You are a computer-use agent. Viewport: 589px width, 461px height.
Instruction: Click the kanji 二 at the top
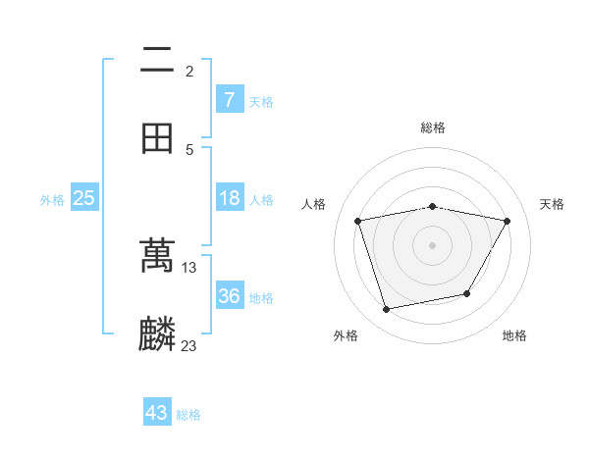157,61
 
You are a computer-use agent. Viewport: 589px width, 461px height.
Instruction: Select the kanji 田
157,137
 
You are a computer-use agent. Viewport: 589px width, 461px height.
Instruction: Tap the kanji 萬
157,256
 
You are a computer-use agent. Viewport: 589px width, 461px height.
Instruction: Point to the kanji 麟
157,334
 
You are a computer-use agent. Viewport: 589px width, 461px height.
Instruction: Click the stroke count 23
189,345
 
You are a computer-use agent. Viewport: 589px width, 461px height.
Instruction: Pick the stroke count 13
189,267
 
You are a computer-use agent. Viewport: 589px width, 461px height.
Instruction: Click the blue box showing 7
229,99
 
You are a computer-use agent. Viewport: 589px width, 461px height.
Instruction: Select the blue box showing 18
229,198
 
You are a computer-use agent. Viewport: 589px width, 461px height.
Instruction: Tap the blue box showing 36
229,296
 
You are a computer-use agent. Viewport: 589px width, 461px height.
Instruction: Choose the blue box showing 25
83,198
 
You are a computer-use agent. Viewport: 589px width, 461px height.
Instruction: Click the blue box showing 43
157,413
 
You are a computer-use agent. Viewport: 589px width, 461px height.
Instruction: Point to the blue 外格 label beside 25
52,199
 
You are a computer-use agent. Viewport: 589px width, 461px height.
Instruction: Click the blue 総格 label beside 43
189,415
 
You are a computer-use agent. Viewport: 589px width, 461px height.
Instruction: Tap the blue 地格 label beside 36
261,297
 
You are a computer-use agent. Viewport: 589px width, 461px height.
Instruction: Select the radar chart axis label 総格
432,128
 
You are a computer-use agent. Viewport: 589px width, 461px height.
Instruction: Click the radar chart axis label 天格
553,204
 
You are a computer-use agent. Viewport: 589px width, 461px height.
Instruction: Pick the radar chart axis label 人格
314,204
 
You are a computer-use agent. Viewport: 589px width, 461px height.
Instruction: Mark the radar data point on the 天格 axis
507,222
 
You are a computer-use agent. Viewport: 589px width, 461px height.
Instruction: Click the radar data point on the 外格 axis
387,309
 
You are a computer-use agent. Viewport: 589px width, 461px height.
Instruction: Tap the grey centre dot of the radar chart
432,245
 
